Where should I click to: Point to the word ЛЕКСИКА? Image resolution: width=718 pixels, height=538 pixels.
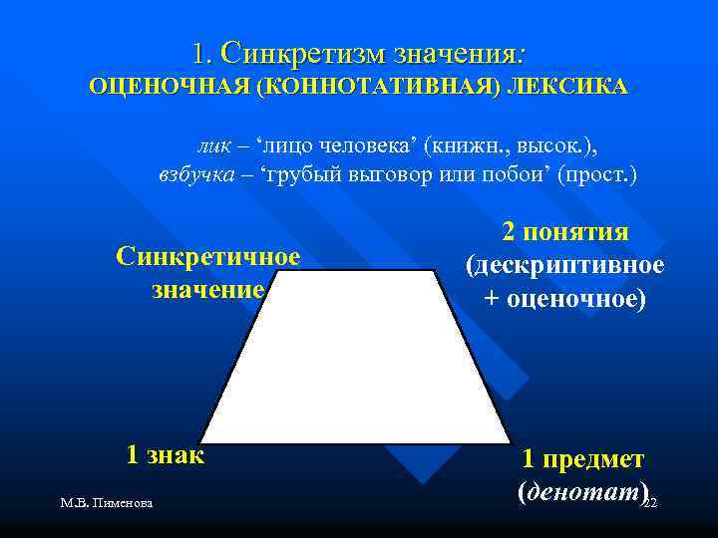tap(566, 87)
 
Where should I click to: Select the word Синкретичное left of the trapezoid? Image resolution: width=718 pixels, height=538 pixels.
tap(207, 256)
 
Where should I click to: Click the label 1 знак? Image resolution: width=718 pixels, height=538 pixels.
tap(165, 455)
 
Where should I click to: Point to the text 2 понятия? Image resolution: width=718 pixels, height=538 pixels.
tap(564, 232)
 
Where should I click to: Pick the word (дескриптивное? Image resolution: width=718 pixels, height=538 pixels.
tap(564, 265)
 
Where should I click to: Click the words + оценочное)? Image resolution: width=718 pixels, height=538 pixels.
tap(564, 298)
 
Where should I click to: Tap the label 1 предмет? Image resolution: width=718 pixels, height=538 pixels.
tap(582, 459)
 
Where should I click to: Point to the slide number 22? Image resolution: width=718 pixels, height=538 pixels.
tap(650, 505)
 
